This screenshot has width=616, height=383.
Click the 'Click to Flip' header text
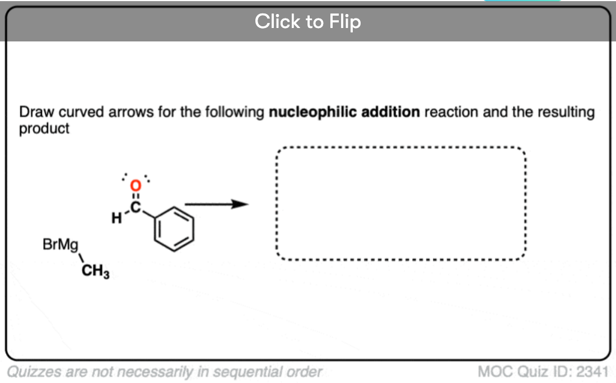click(307, 22)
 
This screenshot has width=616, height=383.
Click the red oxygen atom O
click(136, 185)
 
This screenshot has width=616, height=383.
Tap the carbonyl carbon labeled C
click(136, 207)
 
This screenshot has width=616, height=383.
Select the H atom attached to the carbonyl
click(116, 218)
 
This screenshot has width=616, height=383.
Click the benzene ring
click(174, 228)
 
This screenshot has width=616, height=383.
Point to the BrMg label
click(60, 245)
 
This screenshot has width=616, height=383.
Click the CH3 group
click(95, 270)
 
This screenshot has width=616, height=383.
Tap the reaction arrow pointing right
click(217, 204)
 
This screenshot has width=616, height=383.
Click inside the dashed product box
click(401, 203)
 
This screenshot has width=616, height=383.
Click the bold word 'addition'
click(390, 112)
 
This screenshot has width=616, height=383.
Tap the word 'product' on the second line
click(44, 129)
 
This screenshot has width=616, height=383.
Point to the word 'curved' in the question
click(81, 112)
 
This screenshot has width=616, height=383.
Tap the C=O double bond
click(136, 196)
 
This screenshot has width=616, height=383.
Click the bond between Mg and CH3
click(82, 259)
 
